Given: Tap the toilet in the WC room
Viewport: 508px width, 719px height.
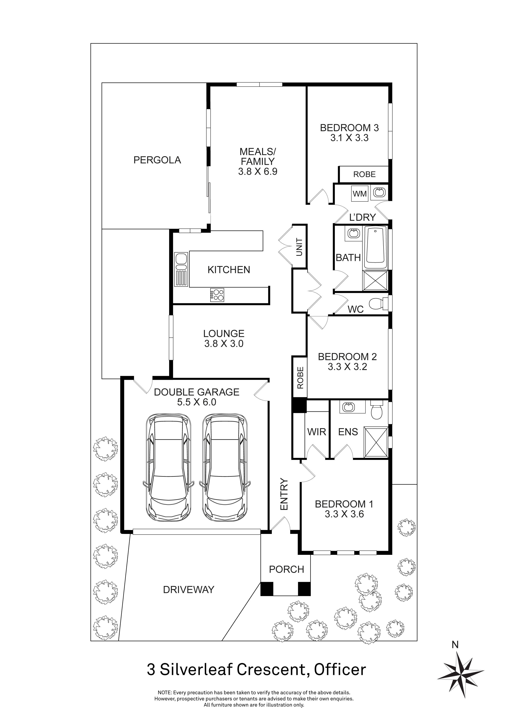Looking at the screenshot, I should [378, 304].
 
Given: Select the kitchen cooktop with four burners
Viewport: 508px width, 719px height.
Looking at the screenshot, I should [217, 295].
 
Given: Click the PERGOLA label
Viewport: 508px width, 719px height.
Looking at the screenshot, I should [157, 160].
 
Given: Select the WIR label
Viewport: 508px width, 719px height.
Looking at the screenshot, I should [317, 432].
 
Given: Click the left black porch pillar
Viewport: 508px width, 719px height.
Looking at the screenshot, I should [267, 589].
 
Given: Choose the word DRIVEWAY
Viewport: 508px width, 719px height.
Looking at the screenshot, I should [189, 590].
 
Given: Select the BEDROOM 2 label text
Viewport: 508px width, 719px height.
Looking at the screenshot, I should [347, 356].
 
